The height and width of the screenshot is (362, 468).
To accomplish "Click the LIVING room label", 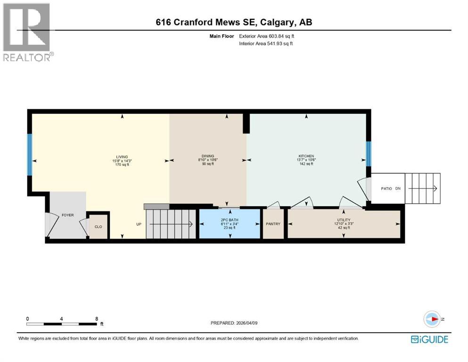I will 123,156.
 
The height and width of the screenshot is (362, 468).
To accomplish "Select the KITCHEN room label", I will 306,156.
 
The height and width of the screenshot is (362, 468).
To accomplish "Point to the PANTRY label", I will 273,224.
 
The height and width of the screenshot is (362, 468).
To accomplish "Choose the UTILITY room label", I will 344,220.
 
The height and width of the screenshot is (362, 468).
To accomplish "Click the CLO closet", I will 99,227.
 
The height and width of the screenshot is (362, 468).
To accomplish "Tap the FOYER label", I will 68,215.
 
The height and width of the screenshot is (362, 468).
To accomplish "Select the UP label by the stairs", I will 139,224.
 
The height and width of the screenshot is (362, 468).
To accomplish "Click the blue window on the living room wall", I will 29,154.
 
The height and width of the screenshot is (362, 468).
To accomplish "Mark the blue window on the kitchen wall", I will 369,154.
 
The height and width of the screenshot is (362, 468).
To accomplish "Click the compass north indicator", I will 432,319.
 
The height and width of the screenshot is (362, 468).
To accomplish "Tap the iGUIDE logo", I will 429,339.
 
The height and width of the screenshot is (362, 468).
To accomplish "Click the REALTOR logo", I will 27,32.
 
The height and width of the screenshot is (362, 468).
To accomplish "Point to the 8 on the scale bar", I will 97,319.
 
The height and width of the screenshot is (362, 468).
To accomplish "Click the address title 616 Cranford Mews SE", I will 234,22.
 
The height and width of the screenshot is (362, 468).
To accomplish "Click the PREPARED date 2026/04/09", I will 234,323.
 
